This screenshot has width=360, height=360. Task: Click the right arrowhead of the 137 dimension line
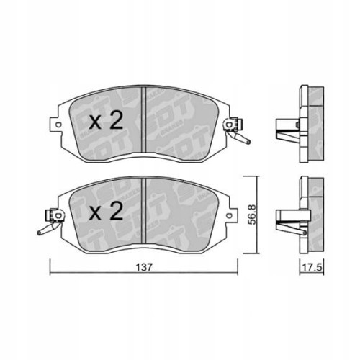point(240,275)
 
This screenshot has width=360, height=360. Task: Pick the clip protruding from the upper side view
point(285,133)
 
